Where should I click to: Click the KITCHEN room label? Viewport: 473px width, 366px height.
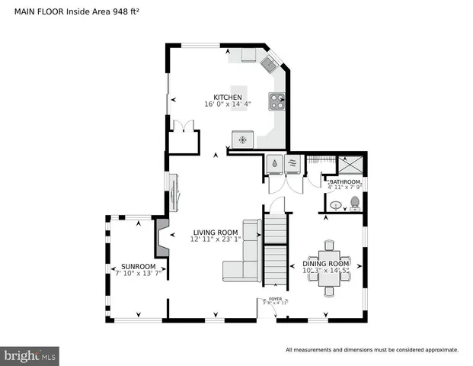pos(228,98)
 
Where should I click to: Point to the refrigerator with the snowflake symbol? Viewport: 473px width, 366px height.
pos(242,139)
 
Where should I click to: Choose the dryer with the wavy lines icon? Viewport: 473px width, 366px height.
pos(292,162)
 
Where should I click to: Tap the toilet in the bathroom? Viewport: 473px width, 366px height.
pos(353,203)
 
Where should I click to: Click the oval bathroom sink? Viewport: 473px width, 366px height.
pos(335,204)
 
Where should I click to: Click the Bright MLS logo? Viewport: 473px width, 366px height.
pos(30,355)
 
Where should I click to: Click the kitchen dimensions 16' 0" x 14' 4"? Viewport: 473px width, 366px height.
pos(228,105)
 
